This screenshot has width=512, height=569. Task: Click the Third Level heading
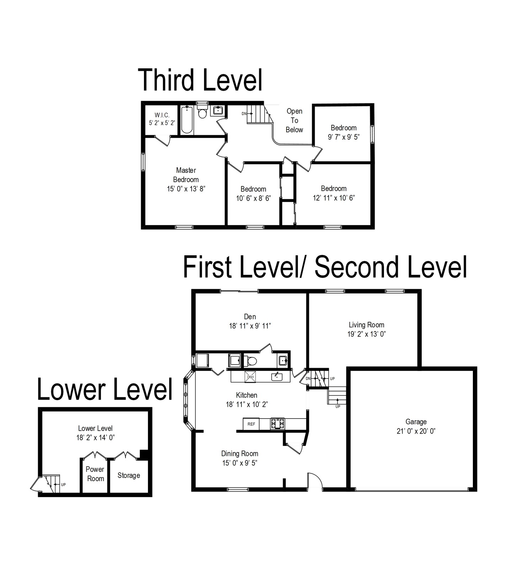200,80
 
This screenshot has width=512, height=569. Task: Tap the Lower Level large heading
105,389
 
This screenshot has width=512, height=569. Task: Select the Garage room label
416,422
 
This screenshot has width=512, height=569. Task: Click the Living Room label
366,325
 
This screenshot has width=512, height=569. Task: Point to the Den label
250,317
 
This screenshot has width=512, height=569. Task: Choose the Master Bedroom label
186,175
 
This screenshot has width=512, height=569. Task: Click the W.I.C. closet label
162,115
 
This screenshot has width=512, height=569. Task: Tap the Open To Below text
294,121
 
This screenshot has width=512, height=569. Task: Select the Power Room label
95,474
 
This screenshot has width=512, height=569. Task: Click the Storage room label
129,475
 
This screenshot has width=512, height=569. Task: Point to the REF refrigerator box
251,424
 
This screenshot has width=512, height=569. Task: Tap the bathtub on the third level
187,120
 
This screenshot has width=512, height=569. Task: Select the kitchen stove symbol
277,424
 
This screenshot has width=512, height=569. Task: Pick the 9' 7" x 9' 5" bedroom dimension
344,137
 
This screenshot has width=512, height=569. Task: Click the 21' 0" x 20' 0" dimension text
416,431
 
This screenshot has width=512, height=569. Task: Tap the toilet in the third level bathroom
202,111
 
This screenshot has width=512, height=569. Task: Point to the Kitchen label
246,395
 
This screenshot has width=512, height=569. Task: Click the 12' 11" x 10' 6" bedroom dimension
334,198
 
